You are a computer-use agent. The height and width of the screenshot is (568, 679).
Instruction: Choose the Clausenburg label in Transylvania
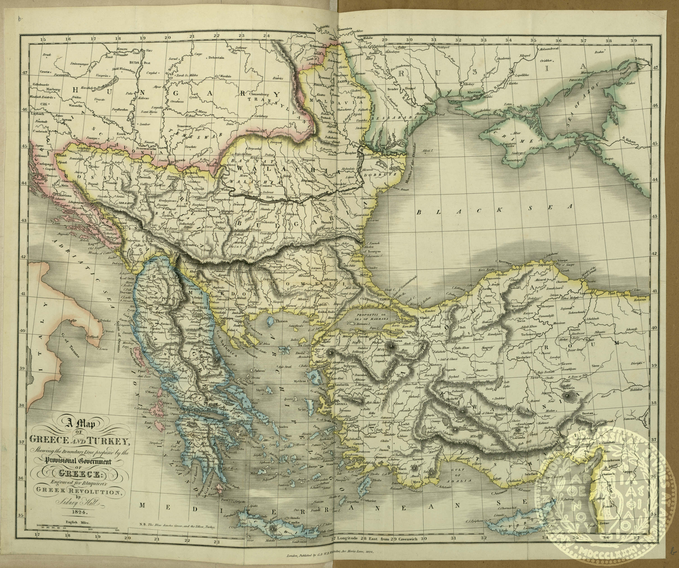click(x=259, y=94)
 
